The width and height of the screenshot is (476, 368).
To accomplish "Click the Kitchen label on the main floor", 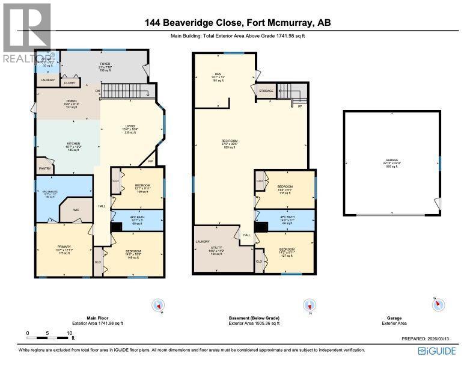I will [x=73, y=144].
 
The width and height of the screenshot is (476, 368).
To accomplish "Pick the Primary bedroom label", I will [x=64, y=247].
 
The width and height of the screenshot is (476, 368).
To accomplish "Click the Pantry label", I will [x=44, y=169].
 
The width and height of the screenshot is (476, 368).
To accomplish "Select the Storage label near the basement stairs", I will [x=266, y=91].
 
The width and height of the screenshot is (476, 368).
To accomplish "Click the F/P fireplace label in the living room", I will [x=150, y=161].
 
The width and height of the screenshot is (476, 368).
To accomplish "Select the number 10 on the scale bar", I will [x=69, y=333].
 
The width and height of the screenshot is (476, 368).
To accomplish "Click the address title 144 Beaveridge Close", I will [x=237, y=23].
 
